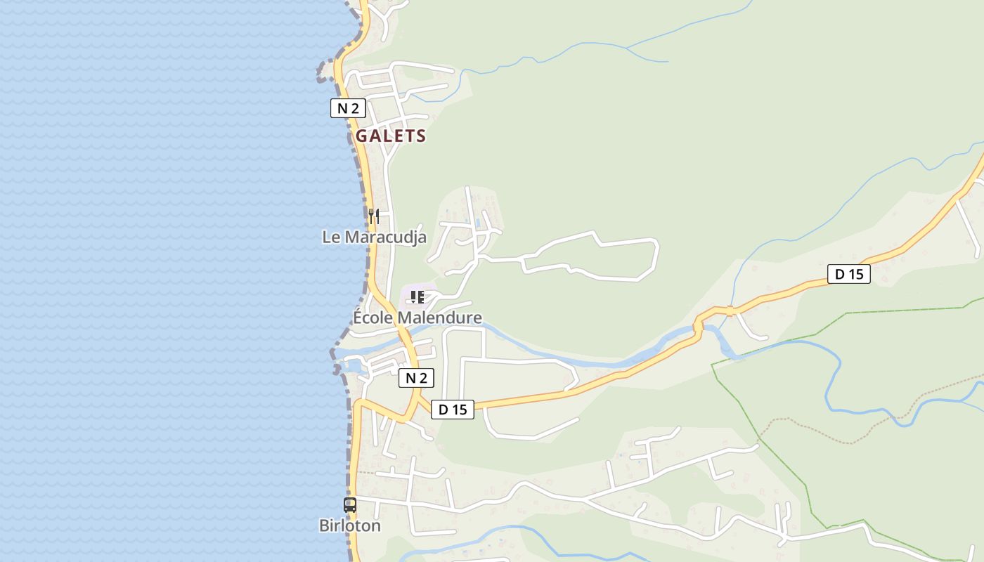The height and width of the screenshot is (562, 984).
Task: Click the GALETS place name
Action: click(391, 136)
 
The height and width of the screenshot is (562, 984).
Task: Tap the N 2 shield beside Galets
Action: click(348, 108)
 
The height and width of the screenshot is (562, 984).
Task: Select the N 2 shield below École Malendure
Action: click(416, 378)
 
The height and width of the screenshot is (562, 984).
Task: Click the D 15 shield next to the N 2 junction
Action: click(453, 410)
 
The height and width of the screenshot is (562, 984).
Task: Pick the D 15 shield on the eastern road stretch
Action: click(849, 274)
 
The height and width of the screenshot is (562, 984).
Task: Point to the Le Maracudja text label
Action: click(374, 237)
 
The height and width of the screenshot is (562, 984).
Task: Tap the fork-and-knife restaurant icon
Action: click(374, 216)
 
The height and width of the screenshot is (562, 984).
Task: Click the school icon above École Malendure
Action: click(417, 297)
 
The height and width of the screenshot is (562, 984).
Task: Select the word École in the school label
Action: click(373, 318)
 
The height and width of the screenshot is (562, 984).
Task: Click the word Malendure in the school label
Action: click(440, 318)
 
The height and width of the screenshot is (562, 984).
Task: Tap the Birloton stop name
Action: click(350, 525)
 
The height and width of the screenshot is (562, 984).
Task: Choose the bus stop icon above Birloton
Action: click(350, 504)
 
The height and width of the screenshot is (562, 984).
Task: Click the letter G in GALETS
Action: click(362, 136)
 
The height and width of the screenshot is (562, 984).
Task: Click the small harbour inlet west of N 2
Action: click(351, 365)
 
